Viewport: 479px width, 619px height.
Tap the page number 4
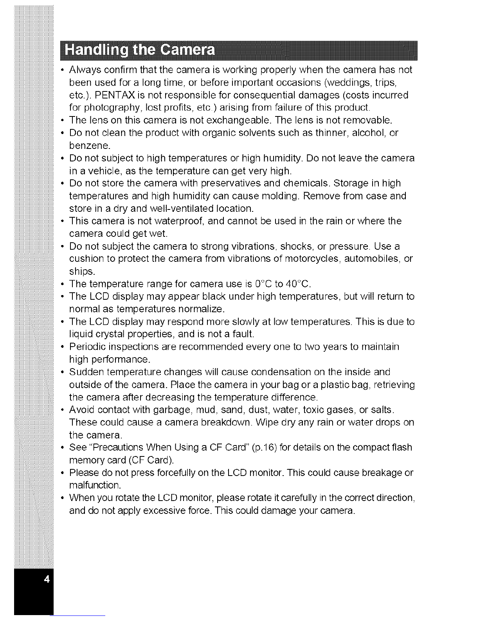pyautogui.click(x=47, y=579)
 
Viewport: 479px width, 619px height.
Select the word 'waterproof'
pyautogui.click(x=181, y=221)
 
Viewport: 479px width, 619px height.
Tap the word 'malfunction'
pyautogui.click(x=94, y=485)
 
